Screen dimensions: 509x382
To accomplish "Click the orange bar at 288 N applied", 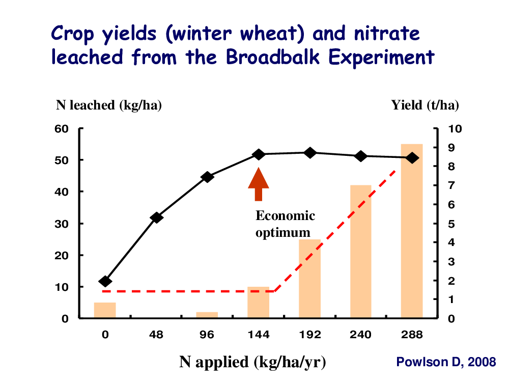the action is point(412,231).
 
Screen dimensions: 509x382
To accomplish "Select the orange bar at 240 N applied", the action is point(361,252).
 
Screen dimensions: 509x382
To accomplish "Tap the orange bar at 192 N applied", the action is point(309,279).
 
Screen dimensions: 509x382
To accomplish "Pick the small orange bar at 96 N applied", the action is point(207,315).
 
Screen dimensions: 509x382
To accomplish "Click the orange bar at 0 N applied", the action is point(105,310).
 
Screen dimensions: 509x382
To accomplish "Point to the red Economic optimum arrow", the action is point(259,184).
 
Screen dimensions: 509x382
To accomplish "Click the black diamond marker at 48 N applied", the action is point(156,217).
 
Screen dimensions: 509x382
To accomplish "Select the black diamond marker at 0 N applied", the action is point(105,281).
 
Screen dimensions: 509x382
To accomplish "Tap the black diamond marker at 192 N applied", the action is point(310,153).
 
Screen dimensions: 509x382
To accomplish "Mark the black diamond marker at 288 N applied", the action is point(412,158).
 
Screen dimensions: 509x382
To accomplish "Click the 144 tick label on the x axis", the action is point(259,335).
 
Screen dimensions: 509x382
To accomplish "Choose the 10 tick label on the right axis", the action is point(455,129).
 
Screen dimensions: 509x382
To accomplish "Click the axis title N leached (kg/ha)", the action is point(109,105).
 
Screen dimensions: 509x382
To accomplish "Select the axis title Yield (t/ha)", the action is point(425,105).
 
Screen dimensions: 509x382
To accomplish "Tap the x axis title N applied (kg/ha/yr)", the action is point(252,362).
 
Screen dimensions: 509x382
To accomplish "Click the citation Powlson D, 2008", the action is point(446,362).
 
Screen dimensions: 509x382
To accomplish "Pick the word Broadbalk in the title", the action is point(273,57).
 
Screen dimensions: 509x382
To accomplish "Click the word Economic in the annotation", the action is point(286,215).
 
